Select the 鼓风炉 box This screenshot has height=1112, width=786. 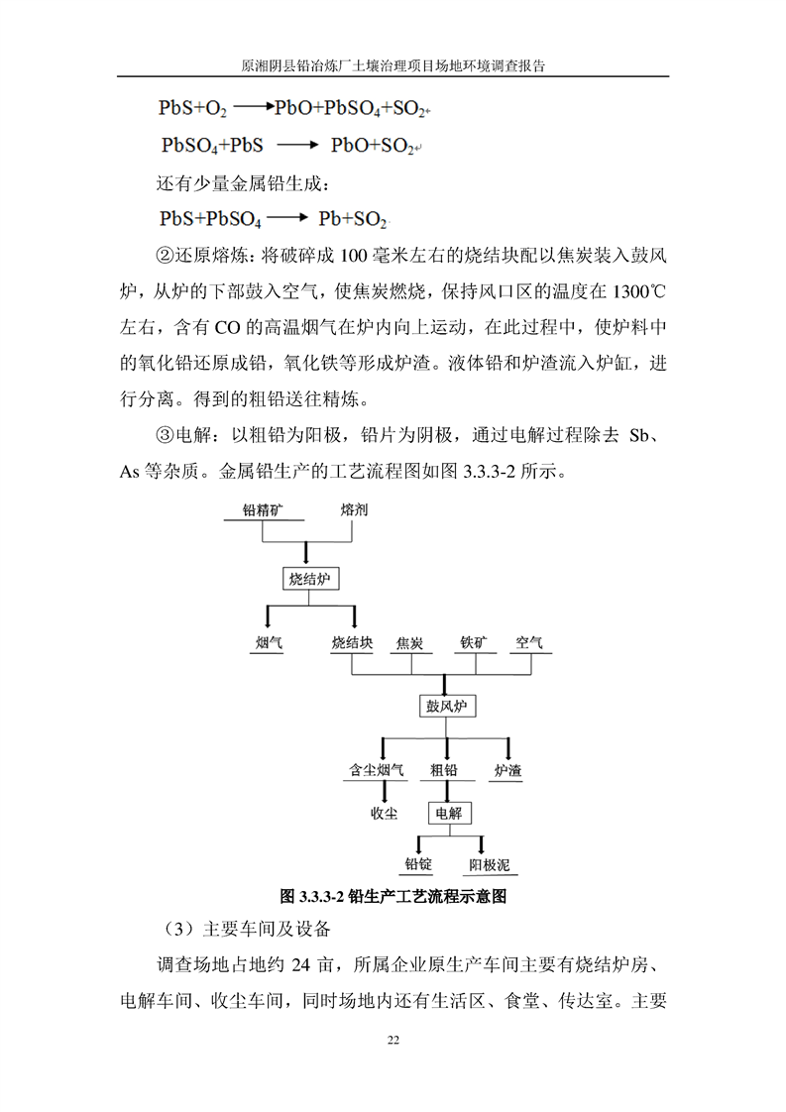click(x=445, y=706)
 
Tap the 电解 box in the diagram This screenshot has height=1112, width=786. click(x=448, y=814)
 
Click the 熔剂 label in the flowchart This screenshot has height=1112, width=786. click(x=354, y=510)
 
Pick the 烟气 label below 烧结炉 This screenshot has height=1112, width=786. click(x=269, y=642)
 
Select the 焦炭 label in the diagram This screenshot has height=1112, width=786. click(x=409, y=643)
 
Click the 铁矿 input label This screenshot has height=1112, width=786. click(x=473, y=642)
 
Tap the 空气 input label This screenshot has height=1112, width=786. click(x=528, y=642)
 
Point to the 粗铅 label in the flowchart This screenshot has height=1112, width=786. click(x=444, y=769)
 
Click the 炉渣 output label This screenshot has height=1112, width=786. click(x=508, y=769)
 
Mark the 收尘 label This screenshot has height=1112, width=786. click(x=384, y=814)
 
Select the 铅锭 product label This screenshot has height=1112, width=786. click(x=417, y=865)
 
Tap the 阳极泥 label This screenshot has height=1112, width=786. click(x=489, y=865)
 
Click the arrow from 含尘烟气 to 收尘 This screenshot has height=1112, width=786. click(x=384, y=791)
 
